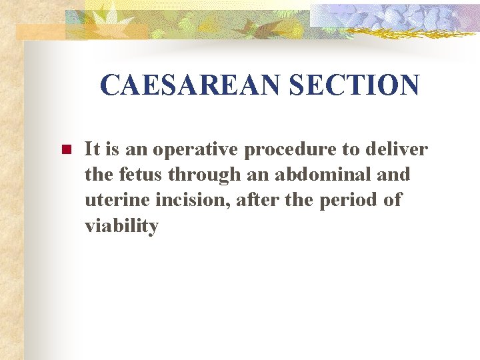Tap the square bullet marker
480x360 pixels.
(x=65, y=150)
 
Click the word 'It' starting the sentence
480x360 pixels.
(x=92, y=149)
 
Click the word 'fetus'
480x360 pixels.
(x=142, y=175)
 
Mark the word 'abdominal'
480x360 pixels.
(x=313, y=175)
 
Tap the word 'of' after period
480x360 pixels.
(x=393, y=201)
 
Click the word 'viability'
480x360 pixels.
(x=121, y=227)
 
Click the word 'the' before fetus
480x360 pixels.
(x=99, y=175)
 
